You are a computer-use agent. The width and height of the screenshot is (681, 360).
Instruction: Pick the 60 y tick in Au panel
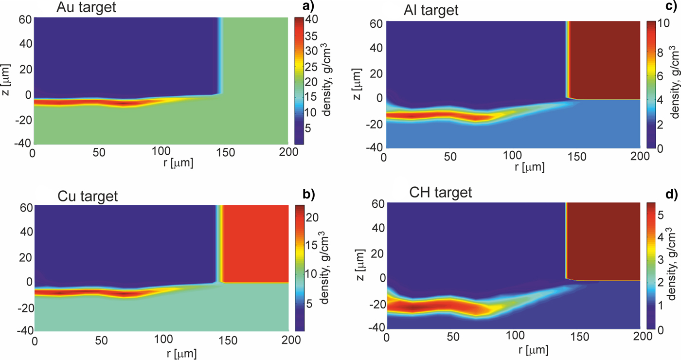click(25, 20)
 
